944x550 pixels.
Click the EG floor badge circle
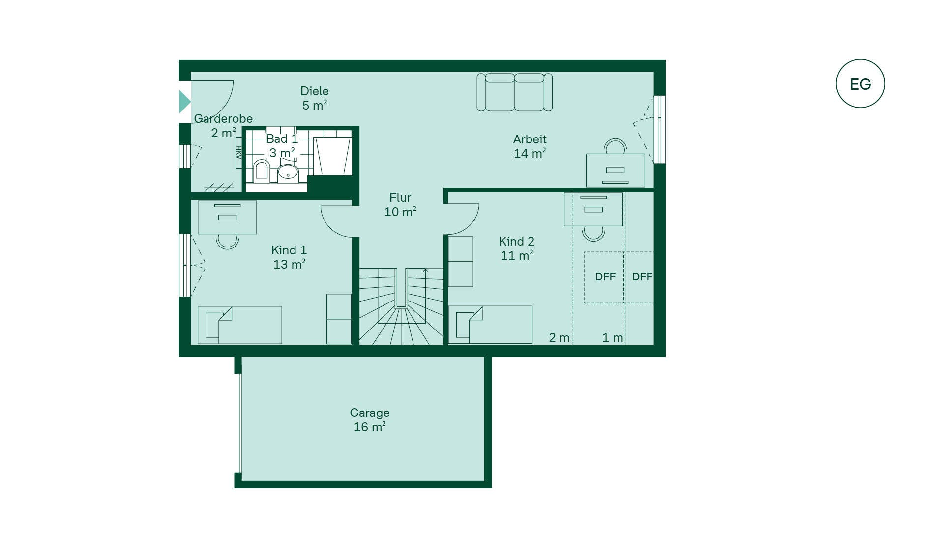860,59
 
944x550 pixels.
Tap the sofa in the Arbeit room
515,92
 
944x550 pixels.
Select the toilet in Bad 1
261,170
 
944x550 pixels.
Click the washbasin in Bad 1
288,172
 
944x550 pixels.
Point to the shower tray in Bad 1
333,156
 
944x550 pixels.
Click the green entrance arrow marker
184,102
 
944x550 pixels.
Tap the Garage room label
370,420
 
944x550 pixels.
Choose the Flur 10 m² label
400,205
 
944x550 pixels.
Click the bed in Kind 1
240,325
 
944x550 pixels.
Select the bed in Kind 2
490,325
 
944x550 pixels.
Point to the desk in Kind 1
227,217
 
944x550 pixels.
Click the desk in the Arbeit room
615,170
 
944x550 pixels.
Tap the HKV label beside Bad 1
239,152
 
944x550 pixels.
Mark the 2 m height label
559,338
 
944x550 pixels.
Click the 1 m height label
613,338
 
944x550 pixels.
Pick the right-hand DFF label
642,277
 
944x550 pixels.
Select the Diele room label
315,98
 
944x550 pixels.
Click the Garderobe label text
223,119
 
